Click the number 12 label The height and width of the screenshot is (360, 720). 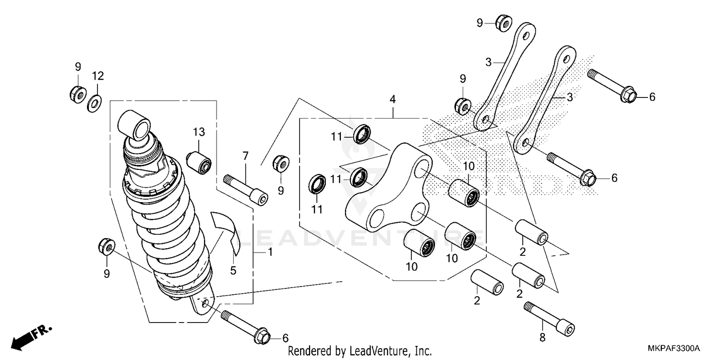pyautogui.click(x=98, y=76)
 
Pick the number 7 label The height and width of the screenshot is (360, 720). pyautogui.click(x=245, y=156)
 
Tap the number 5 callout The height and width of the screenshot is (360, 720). pyautogui.click(x=233, y=271)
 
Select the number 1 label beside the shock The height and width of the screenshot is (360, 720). pyautogui.click(x=270, y=252)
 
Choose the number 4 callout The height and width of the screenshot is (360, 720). pyautogui.click(x=393, y=100)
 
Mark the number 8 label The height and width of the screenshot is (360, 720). pyautogui.click(x=542, y=338)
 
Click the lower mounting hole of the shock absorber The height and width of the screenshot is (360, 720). pyautogui.click(x=204, y=304)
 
